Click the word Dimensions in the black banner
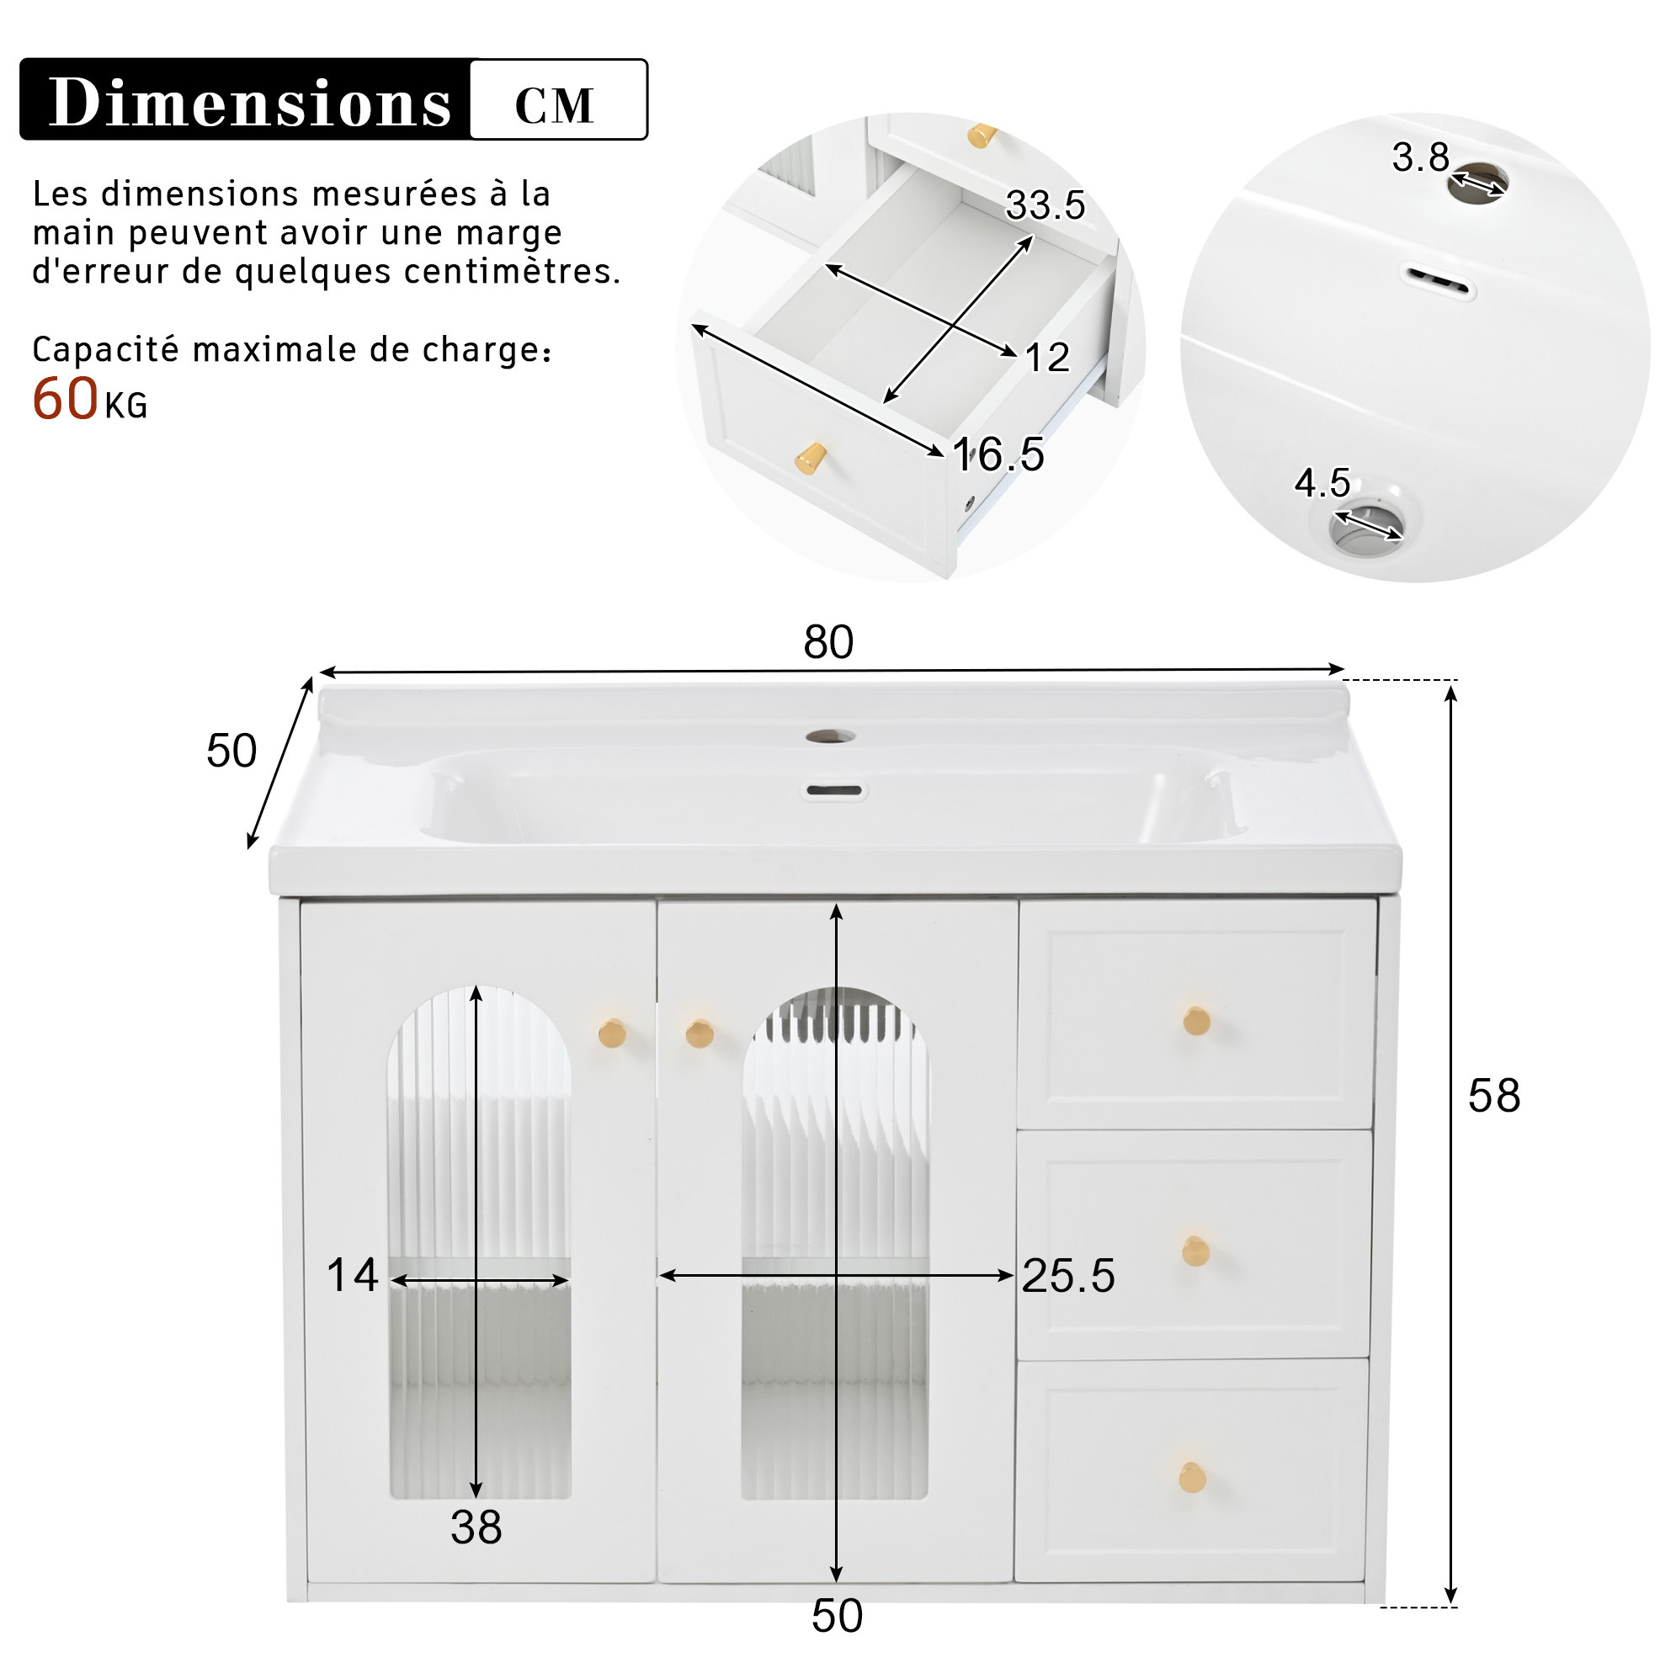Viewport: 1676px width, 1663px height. click(x=249, y=103)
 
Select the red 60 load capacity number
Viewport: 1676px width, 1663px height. click(x=65, y=399)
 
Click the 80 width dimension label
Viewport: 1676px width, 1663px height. click(x=828, y=642)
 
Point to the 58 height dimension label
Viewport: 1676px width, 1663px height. click(x=1494, y=1096)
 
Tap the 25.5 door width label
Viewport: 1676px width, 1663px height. click(x=1068, y=1275)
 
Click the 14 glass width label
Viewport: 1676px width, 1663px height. click(x=352, y=1275)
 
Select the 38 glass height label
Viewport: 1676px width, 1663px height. click(x=476, y=1527)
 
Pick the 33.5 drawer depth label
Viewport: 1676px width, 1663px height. click(x=1046, y=205)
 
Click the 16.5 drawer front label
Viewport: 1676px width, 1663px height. click(x=998, y=454)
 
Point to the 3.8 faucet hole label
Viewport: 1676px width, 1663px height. click(x=1420, y=157)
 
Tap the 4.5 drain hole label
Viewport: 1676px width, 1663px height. click(x=1322, y=482)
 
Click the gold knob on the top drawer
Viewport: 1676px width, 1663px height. click(x=1197, y=1021)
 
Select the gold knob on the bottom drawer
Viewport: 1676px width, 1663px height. click(x=1193, y=1477)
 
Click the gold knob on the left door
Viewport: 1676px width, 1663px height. click(x=613, y=1033)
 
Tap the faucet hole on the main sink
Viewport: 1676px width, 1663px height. click(x=829, y=736)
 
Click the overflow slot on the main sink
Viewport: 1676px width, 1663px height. click(x=833, y=790)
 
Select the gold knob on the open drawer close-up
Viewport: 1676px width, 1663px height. click(x=811, y=458)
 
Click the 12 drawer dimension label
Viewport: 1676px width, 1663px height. click(x=1047, y=358)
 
